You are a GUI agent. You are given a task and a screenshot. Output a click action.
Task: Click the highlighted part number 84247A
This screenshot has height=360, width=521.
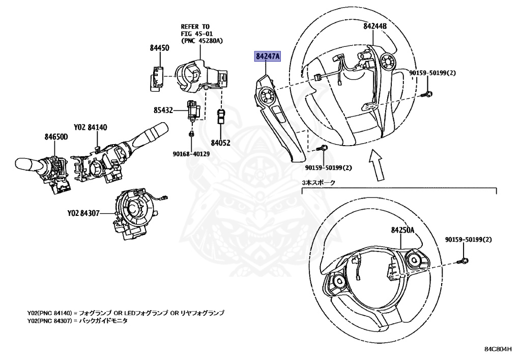[x=268, y=57]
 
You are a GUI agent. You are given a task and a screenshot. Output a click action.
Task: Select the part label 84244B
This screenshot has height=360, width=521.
[x=375, y=26]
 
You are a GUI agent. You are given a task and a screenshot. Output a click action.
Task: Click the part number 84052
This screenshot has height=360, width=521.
[x=221, y=144]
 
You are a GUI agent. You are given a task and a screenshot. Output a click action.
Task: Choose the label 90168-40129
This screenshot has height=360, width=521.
[x=192, y=153]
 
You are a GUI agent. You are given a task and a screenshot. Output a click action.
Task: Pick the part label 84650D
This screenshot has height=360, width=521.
[x=56, y=136]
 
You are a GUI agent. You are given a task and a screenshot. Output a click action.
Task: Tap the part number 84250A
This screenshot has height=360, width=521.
[x=403, y=230]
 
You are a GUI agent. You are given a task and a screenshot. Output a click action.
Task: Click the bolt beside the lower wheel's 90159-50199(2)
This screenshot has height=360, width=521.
[x=467, y=261]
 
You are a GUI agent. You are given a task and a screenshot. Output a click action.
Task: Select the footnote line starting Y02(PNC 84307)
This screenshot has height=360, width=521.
[x=77, y=321]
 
